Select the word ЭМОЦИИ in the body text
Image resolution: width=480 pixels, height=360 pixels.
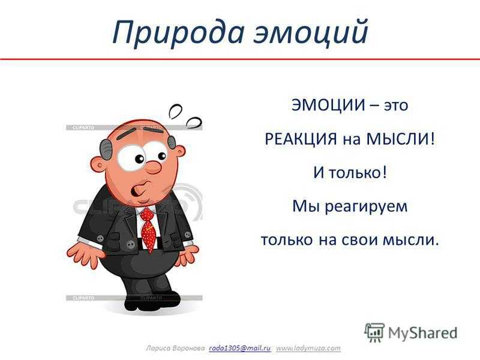pyautogui.click(x=328, y=105)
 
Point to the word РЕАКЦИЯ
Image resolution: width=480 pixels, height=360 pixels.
pyautogui.click(x=301, y=139)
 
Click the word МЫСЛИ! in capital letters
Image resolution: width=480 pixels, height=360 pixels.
pyautogui.click(x=400, y=139)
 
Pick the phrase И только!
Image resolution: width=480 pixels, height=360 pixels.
pyautogui.click(x=350, y=172)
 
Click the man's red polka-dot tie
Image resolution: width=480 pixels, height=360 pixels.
pyautogui.click(x=148, y=230)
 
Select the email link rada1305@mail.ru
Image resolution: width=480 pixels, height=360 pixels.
pyautogui.click(x=240, y=348)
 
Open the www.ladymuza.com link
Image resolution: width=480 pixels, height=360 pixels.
pyautogui.click(x=308, y=348)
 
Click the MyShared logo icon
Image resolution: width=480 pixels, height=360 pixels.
pyautogui.click(x=374, y=332)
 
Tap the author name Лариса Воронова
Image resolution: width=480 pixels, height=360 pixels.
pyautogui.click(x=175, y=349)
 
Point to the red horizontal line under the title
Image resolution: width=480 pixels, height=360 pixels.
pyautogui.click(x=240, y=58)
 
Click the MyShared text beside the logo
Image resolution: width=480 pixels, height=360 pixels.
pyautogui.click(x=423, y=333)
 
